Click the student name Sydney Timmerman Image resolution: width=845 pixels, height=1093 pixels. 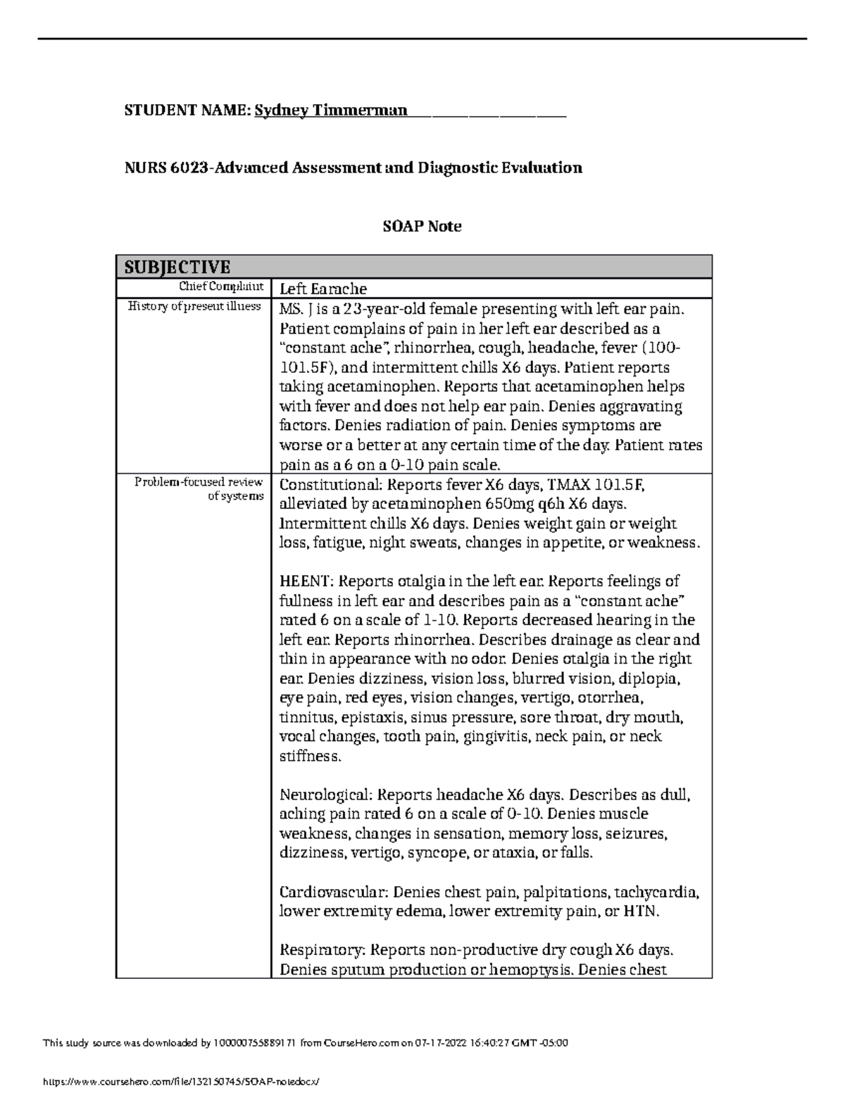coord(330,110)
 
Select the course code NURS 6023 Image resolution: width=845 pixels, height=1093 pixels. coord(167,168)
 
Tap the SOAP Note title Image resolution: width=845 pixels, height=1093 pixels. coord(422,226)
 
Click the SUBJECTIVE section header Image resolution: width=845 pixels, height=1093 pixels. coord(177,267)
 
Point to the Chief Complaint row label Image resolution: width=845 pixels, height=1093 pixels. coord(221,286)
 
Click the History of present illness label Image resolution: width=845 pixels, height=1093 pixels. coord(195,306)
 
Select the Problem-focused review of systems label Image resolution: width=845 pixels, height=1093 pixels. coord(199,489)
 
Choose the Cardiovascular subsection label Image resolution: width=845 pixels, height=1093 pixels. coord(334,892)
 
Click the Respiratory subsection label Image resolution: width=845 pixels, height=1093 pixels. coord(322,950)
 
